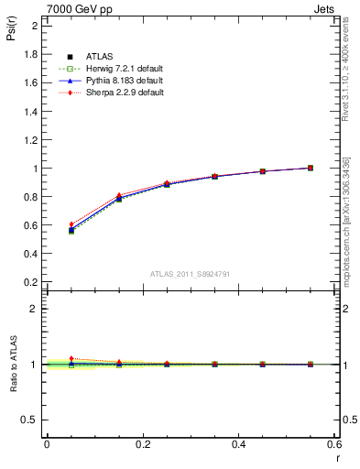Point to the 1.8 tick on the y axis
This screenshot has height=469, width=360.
point(30,54)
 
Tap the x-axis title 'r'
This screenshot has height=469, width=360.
point(336,457)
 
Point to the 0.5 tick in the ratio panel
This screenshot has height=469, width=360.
point(30,420)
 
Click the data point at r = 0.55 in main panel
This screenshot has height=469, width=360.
point(311,168)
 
